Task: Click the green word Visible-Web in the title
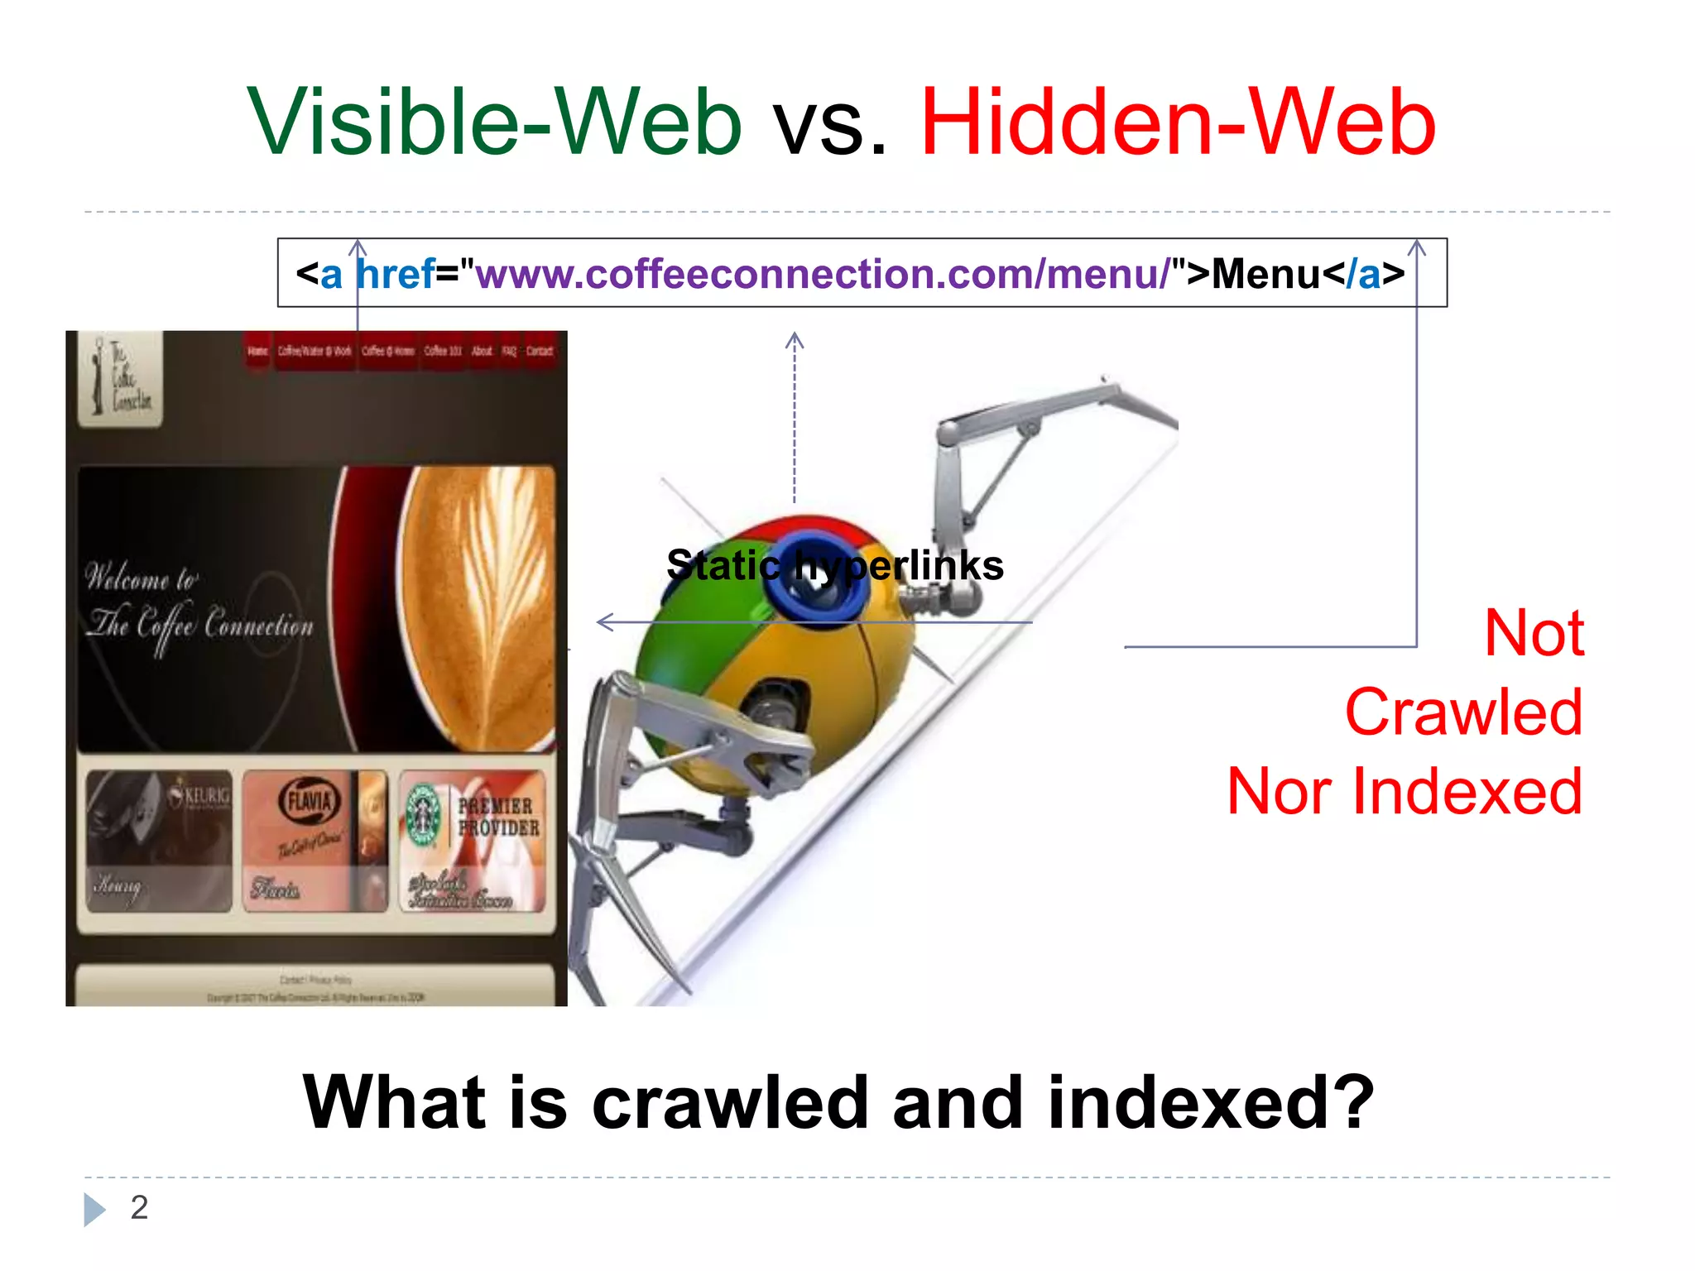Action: tap(494, 122)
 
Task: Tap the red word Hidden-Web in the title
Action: tap(1178, 122)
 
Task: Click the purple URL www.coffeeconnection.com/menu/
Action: tap(823, 274)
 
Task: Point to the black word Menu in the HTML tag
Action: tap(1266, 274)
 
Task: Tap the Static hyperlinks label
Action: tap(834, 566)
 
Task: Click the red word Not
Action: tap(1534, 633)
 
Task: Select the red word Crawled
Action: tap(1463, 712)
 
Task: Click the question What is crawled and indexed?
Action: tap(838, 1102)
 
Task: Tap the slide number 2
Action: tap(139, 1207)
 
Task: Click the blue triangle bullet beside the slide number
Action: tap(94, 1209)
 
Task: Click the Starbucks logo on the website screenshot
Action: tap(424, 815)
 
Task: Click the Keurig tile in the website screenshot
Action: tap(159, 840)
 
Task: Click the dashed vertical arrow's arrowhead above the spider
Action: tap(795, 339)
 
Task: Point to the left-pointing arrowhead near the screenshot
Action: tap(605, 621)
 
